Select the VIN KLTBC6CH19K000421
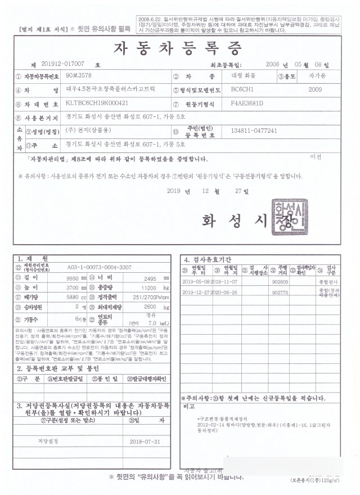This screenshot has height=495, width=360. pos(97,104)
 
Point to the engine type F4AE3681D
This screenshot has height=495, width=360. pos(251,104)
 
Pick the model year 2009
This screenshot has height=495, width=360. pos(315,89)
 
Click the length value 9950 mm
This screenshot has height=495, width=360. pos(74,278)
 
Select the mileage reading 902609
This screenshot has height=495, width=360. pos(280,281)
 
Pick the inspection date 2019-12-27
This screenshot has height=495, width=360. pos(196,292)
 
